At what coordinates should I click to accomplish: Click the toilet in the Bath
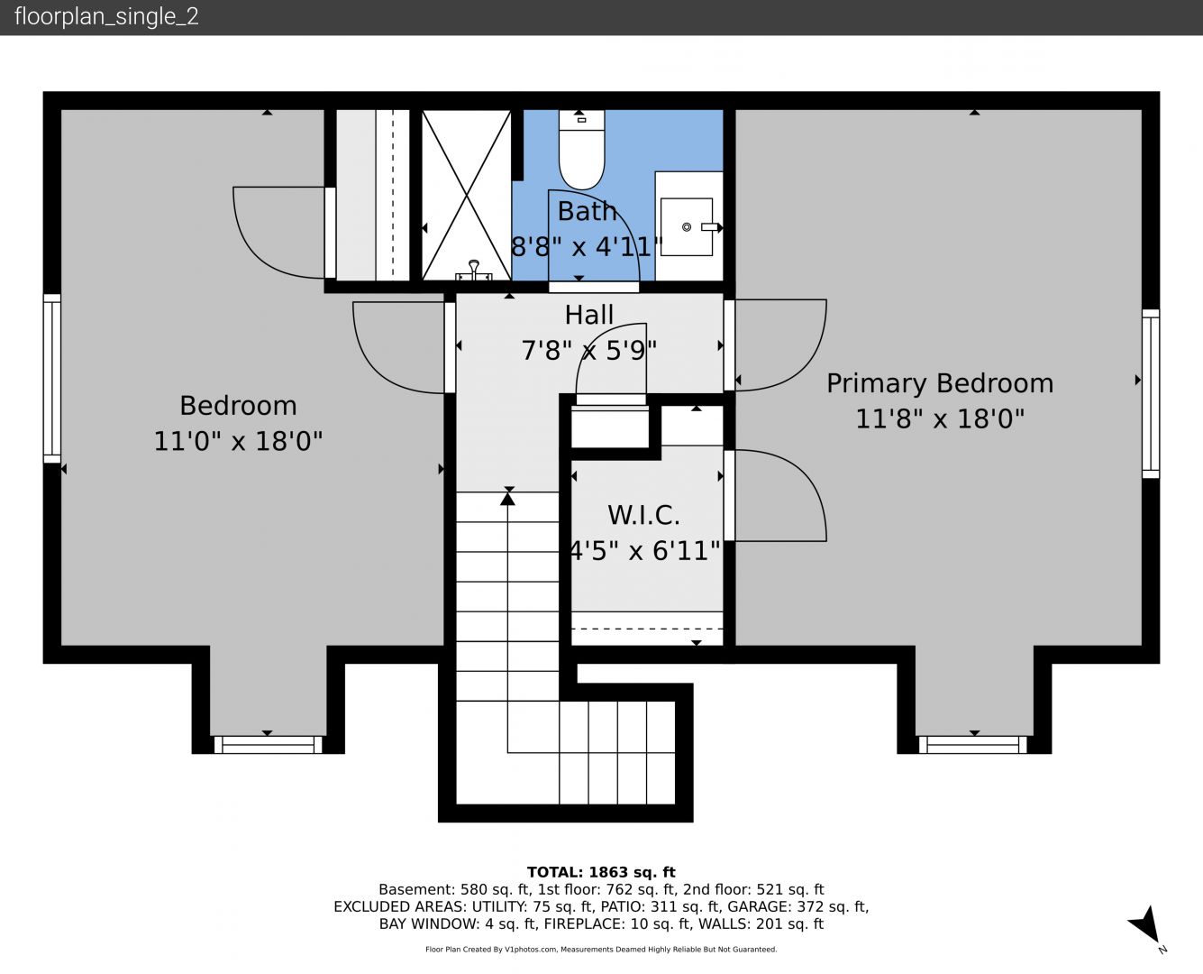pos(581,149)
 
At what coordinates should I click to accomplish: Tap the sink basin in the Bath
pos(687,226)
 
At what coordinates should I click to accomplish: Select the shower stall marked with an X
pos(467,195)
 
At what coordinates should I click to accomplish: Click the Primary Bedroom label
pos(940,383)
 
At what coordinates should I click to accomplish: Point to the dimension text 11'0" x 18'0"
pos(238,441)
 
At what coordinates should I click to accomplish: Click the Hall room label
pos(589,315)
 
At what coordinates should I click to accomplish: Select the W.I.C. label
pos(643,515)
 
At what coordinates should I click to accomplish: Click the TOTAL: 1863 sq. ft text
pos(601,872)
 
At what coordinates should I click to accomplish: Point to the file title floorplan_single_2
pos(106,17)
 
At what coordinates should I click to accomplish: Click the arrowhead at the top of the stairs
pos(507,499)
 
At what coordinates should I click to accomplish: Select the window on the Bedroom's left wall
pos(52,379)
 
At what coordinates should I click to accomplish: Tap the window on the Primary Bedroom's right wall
pos(1151,393)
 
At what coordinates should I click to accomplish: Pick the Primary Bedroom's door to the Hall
pos(729,345)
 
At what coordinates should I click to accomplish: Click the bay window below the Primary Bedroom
pos(973,745)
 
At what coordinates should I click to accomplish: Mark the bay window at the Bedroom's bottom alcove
pos(268,745)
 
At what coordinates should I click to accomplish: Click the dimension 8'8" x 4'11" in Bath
pos(587,247)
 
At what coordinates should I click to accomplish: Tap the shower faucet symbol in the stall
pos(474,271)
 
